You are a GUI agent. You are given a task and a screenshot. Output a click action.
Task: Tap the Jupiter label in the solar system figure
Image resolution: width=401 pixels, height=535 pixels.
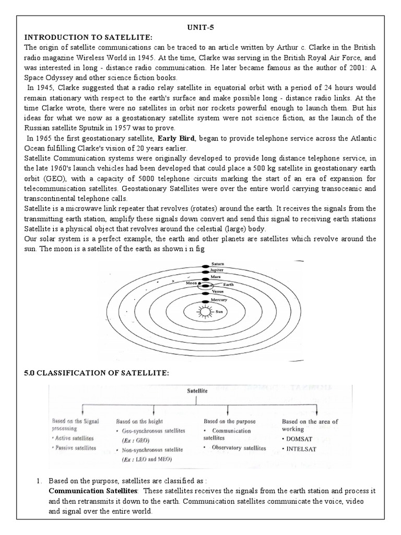[x=217, y=270]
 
